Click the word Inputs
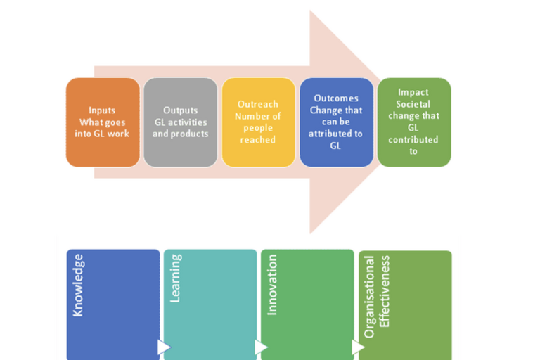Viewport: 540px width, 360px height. click(103, 110)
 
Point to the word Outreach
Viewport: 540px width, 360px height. click(258, 104)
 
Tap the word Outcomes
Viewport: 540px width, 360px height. click(336, 98)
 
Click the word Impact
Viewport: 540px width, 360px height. click(413, 92)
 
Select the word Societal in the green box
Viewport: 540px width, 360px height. click(413, 104)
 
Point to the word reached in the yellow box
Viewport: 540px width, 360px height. click(258, 140)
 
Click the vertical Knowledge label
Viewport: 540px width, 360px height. click(78, 285)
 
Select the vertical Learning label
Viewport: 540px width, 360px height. click(175, 278)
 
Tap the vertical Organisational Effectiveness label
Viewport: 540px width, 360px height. click(377, 292)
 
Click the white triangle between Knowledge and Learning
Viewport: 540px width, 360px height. click(164, 347)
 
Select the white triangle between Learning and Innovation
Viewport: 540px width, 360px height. click(261, 347)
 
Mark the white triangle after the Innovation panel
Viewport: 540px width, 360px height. click(358, 347)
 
